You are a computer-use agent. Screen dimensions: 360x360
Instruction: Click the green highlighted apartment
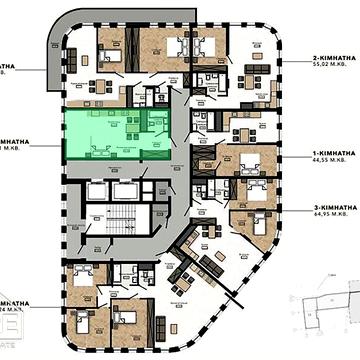click(x=115, y=134)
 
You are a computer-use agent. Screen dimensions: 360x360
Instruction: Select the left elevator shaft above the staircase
click(x=97, y=190)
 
